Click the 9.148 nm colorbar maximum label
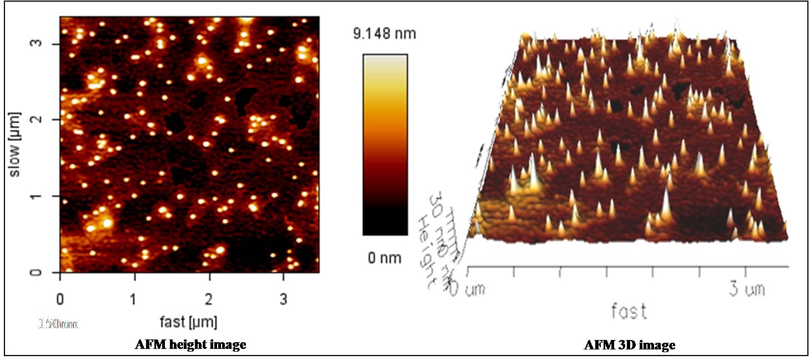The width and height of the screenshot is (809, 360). click(384, 34)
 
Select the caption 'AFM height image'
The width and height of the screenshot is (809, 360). click(190, 345)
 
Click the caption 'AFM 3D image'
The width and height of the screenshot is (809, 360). click(630, 345)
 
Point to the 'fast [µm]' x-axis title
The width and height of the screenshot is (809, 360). click(188, 322)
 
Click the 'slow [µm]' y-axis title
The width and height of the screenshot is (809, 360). click(15, 145)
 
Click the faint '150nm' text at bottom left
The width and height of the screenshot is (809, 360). click(58, 323)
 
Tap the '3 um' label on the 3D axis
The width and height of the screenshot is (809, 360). click(747, 289)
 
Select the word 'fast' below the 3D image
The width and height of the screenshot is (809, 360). click(629, 311)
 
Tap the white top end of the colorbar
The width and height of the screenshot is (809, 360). click(385, 58)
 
